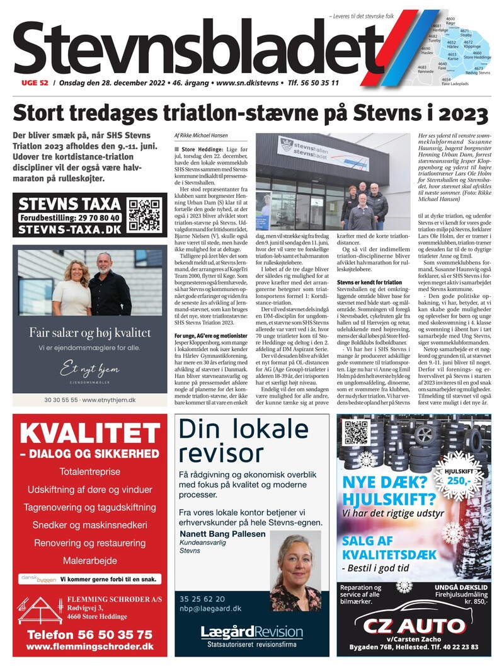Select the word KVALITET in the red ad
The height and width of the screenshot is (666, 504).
coord(89,433)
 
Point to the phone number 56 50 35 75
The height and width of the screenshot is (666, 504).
coord(89,634)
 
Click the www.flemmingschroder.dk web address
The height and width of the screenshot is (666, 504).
coord(89,646)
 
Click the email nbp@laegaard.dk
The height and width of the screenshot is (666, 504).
coord(210,609)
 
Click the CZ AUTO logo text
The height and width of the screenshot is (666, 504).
coord(416,626)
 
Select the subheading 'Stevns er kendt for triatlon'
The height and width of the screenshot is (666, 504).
coord(378,283)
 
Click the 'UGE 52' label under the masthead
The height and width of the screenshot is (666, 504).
coord(31,83)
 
